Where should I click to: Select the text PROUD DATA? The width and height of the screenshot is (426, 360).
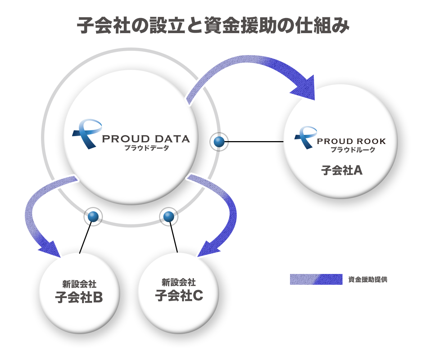(146, 139)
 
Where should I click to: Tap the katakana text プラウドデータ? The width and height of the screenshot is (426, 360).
(147, 148)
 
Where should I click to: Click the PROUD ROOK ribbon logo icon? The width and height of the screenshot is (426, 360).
(305, 138)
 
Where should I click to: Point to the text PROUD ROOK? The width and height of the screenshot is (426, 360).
(352, 141)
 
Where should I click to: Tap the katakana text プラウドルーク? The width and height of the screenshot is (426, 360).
(353, 149)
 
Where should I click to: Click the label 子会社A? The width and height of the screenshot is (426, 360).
(342, 170)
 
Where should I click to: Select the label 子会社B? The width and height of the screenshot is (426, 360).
(79, 297)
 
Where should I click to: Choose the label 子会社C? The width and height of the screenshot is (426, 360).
(179, 295)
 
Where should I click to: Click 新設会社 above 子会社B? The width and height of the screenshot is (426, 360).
(79, 284)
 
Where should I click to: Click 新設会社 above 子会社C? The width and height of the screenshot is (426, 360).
(178, 282)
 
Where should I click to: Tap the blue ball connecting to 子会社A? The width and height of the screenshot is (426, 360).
(219, 142)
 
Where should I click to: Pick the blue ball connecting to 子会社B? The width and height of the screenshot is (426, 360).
(93, 217)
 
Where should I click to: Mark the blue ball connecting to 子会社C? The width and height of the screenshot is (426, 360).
(169, 217)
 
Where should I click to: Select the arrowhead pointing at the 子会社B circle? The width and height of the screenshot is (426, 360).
(51, 249)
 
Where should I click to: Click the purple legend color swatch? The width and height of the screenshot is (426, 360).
(316, 279)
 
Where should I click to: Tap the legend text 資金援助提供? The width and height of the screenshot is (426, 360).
(368, 279)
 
